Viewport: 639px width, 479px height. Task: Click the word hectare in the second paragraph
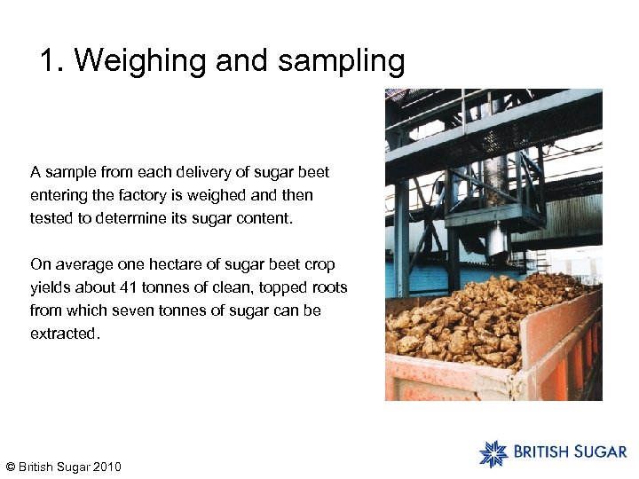pos(161,264)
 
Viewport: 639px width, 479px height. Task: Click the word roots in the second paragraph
pos(327,287)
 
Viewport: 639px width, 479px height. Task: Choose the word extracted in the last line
pos(64,334)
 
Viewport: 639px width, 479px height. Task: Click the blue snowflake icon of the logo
pos(493,453)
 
